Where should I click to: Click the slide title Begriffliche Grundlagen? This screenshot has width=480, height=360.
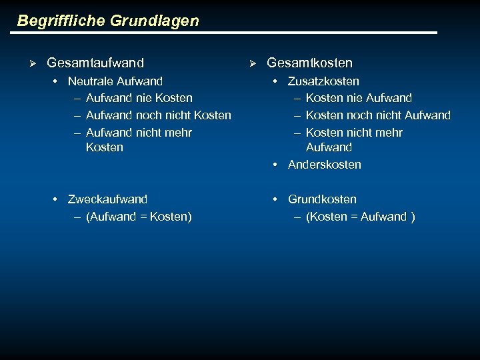pyautogui.click(x=108, y=21)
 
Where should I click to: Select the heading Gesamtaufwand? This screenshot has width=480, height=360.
pyautogui.click(x=95, y=63)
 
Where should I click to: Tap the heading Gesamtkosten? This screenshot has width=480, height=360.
pyautogui.click(x=309, y=63)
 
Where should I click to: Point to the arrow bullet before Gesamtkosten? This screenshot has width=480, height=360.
pyautogui.click(x=252, y=63)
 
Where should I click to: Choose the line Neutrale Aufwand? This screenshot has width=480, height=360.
pyautogui.click(x=115, y=81)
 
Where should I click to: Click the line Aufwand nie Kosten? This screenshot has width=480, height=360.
pyautogui.click(x=139, y=98)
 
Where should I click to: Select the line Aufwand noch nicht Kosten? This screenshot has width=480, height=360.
pyautogui.click(x=158, y=115)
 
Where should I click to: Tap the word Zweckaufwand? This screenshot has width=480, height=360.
pyautogui.click(x=107, y=199)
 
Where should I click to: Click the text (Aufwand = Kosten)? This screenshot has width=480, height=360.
pyautogui.click(x=139, y=217)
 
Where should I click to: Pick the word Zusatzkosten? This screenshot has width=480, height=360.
pyautogui.click(x=323, y=81)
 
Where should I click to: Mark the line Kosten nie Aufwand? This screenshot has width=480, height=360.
pyautogui.click(x=359, y=98)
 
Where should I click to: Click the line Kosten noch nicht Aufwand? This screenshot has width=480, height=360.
pyautogui.click(x=378, y=115)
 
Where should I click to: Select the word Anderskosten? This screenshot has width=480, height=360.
pyautogui.click(x=324, y=165)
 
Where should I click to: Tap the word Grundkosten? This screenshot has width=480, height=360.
pyautogui.click(x=322, y=199)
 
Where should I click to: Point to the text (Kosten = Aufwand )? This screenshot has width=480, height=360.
pyautogui.click(x=360, y=217)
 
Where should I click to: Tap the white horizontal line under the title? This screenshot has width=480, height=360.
pyautogui.click(x=227, y=33)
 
